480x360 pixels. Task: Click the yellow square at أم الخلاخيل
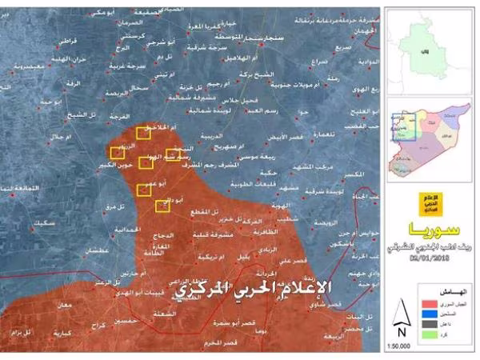click(x=144, y=133)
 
